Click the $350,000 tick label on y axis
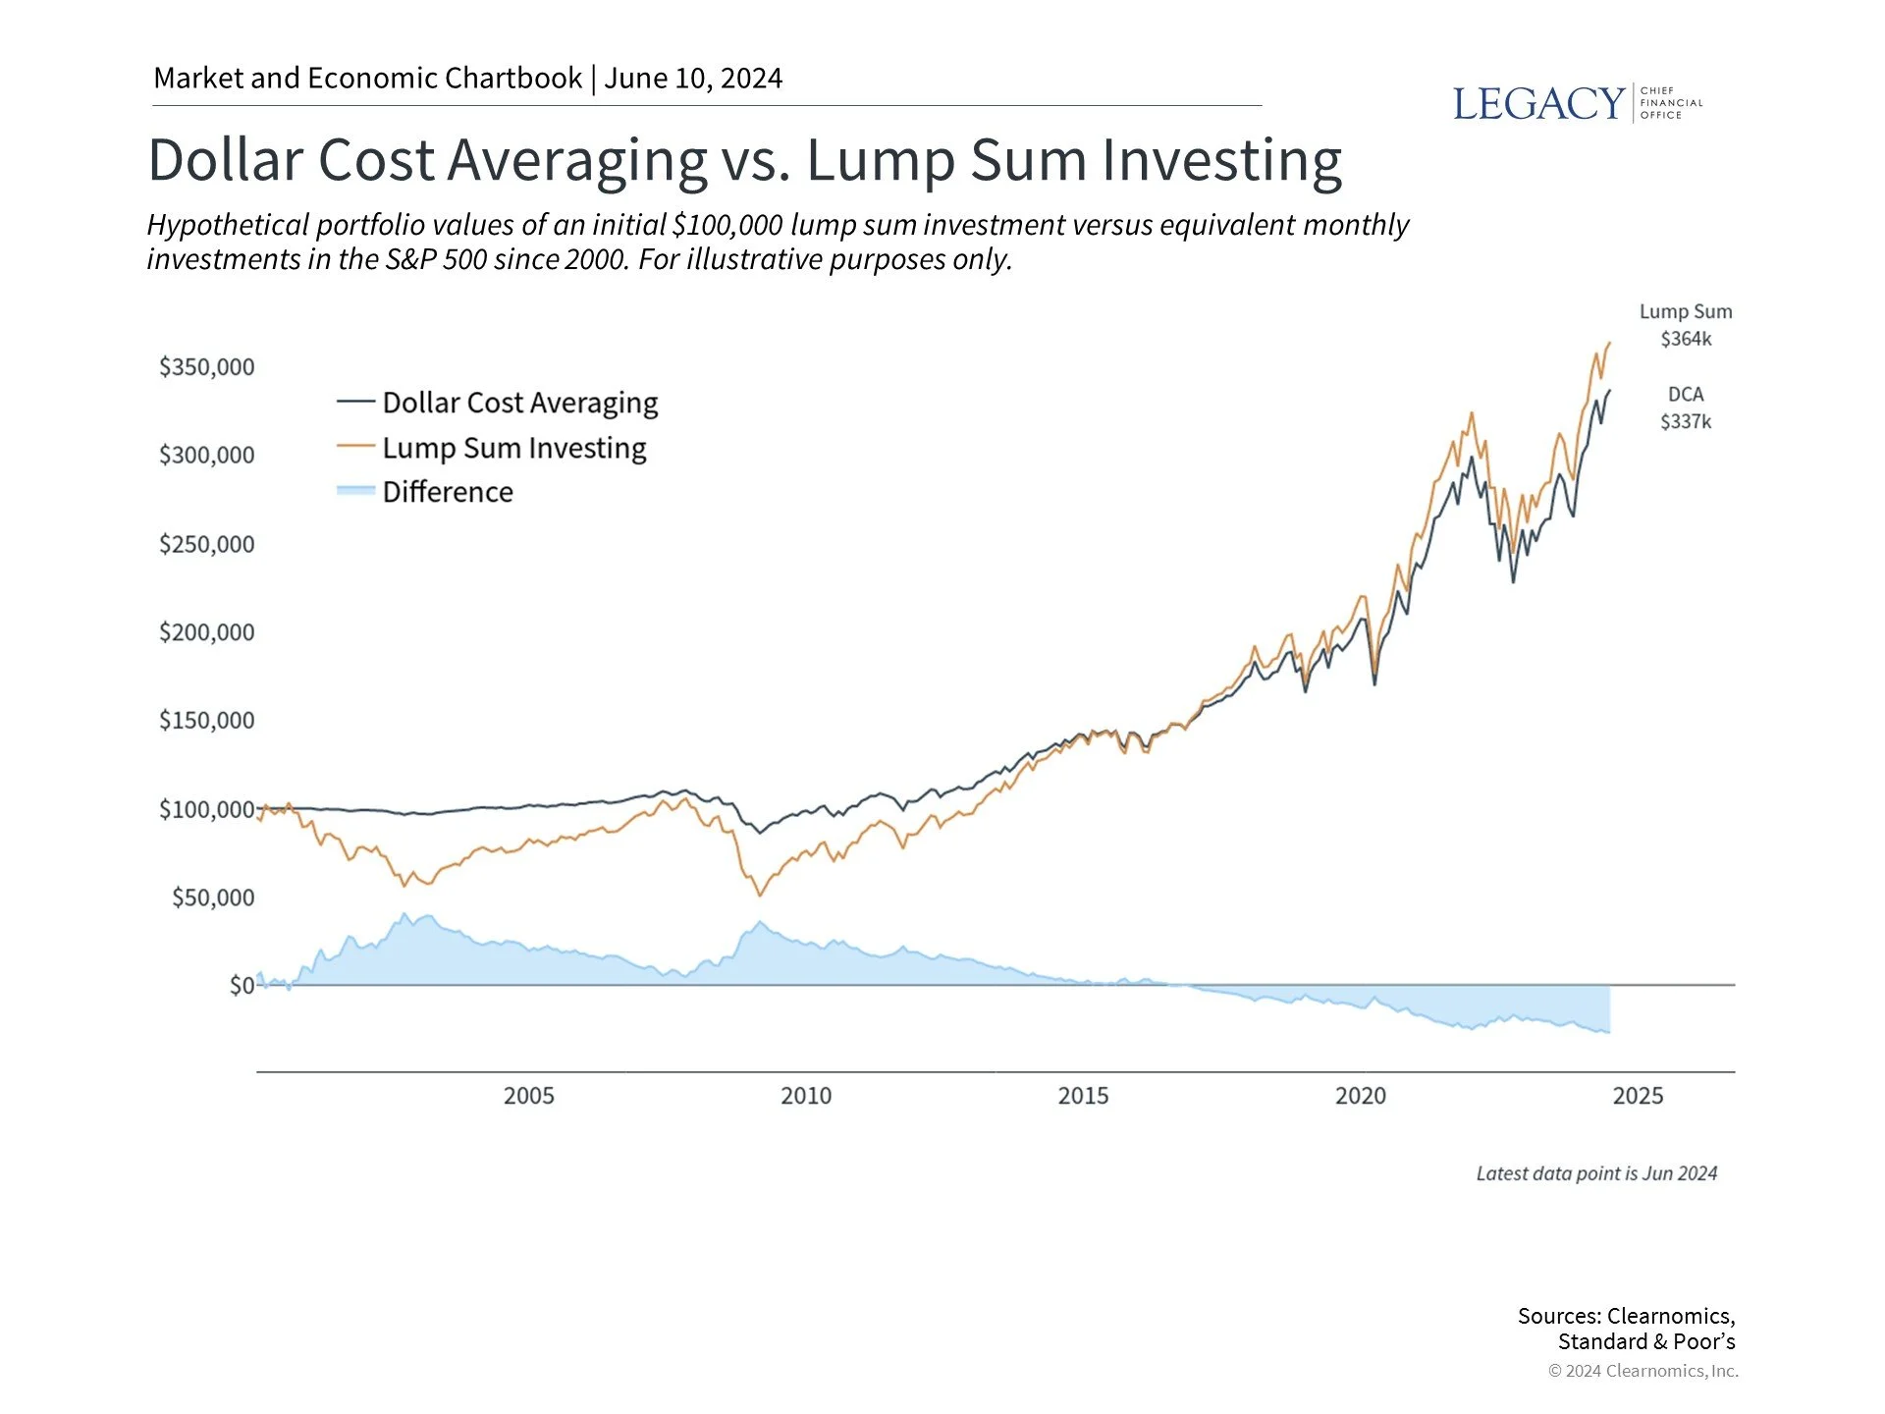(206, 367)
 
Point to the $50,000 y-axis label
(212, 897)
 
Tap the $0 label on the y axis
(242, 985)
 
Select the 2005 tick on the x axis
(528, 1096)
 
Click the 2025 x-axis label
(1637, 1096)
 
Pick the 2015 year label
(1082, 1096)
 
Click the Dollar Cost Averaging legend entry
(519, 403)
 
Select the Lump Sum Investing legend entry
(513, 448)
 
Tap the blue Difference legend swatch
(355, 491)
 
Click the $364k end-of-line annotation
(1685, 339)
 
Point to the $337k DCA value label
(1685, 421)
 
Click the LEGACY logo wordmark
(1537, 104)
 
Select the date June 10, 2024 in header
(692, 79)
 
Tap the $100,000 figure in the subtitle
(727, 225)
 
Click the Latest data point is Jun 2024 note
(1595, 1173)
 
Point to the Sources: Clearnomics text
(1626, 1316)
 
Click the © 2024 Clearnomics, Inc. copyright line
(1643, 1371)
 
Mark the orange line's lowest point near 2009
(759, 895)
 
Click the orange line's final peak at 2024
(1608, 344)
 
